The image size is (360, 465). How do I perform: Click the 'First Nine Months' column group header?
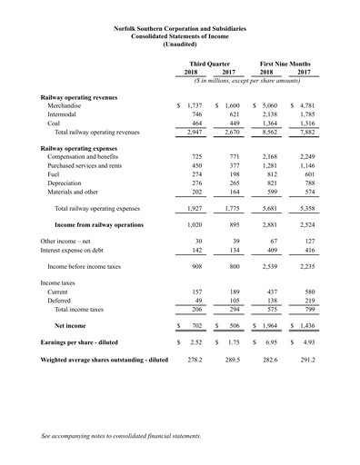click(x=286, y=63)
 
